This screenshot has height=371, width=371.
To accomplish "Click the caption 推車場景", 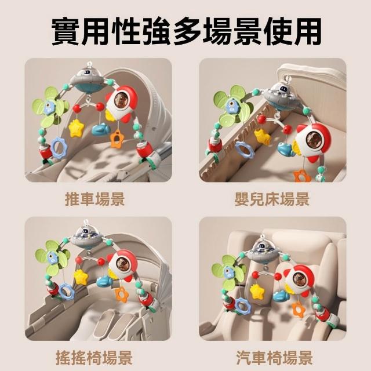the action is tap(94, 199).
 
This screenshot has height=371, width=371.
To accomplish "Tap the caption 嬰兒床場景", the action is tap(272, 199).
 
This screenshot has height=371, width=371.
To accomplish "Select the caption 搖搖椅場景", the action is tap(94, 358).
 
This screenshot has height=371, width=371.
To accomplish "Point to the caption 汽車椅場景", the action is tap(274, 358).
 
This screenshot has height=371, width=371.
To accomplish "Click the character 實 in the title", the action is tap(66, 31).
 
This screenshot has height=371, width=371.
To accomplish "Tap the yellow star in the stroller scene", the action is tap(76, 128).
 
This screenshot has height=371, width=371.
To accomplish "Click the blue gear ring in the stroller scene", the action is tap(59, 148).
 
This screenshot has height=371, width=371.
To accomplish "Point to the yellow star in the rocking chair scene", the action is tap(81, 277).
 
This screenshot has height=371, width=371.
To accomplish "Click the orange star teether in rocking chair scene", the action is tap(122, 294).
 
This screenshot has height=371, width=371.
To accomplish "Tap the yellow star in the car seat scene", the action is tap(257, 291).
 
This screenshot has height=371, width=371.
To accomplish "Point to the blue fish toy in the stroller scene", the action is tap(101, 130).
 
